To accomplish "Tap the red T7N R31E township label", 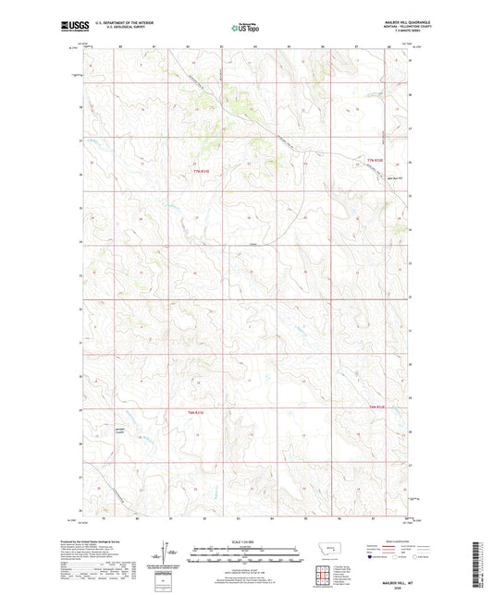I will click(x=202, y=171).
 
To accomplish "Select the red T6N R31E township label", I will click(x=194, y=410).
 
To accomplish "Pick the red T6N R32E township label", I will click(x=375, y=407).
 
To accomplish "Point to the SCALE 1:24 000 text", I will click(x=246, y=541).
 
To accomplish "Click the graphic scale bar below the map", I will click(x=246, y=557).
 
